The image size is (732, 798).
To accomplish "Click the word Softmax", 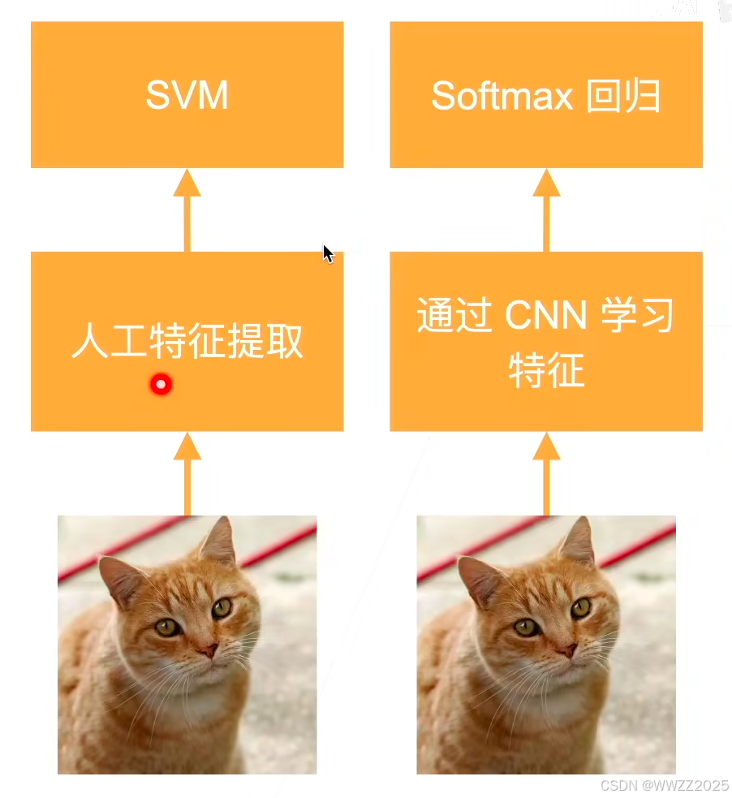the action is point(502,97).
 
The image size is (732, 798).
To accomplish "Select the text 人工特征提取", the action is point(187,342).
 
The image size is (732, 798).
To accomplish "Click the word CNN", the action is point(545,317).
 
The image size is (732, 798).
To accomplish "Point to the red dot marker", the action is point(161,385).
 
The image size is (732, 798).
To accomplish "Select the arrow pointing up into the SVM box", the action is point(187,209).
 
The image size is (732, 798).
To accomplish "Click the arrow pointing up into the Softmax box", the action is point(546,209).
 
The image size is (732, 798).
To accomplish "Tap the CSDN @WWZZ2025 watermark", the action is point(664,786).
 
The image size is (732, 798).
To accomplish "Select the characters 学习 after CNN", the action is point(637,317).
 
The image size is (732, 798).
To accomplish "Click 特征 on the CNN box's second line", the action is point(546,371).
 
